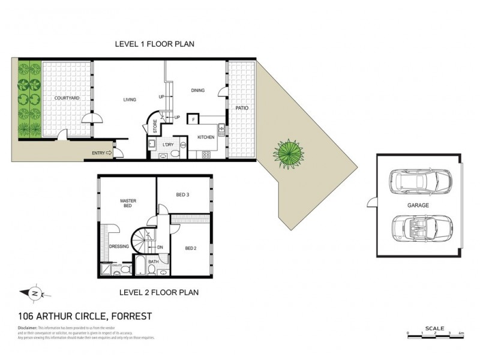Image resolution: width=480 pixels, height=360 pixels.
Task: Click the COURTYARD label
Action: point(67,98)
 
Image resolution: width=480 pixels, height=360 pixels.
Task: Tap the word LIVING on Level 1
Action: point(129,100)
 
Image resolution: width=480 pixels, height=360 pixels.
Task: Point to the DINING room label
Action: point(197,91)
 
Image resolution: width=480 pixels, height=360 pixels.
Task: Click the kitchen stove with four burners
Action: point(206,154)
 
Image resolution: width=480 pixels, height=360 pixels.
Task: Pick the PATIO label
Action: point(242,108)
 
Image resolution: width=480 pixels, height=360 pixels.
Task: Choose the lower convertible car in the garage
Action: point(418,229)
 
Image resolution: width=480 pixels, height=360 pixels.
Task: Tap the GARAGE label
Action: point(418,205)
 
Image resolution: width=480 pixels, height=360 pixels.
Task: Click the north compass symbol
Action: point(34,293)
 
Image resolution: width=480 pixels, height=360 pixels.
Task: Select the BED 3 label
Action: point(183,195)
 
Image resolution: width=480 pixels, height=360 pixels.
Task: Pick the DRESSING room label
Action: point(119,246)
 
